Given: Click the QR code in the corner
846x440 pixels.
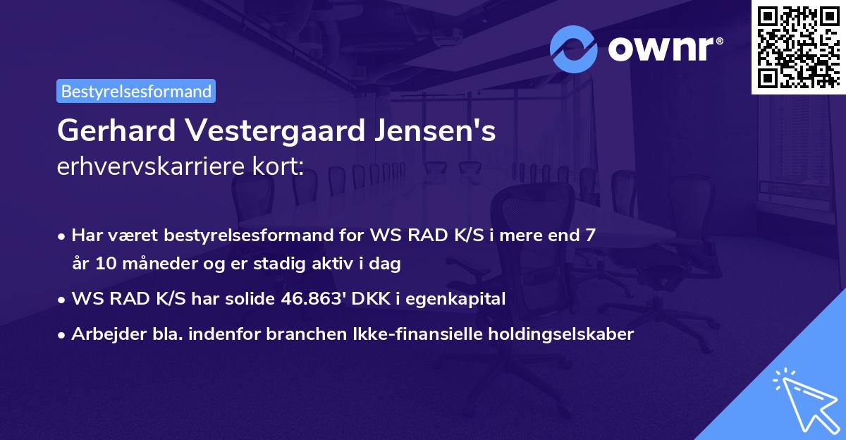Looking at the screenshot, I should [x=798, y=47].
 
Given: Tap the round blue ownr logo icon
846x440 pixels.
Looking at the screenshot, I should [x=574, y=49].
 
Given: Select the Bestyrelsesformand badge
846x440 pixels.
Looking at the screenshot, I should [x=136, y=91].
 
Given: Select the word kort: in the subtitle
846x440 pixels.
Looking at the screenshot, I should [x=281, y=166].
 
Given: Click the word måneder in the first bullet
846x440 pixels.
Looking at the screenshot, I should [x=168, y=264].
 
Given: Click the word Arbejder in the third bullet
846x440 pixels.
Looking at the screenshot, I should [x=103, y=334].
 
